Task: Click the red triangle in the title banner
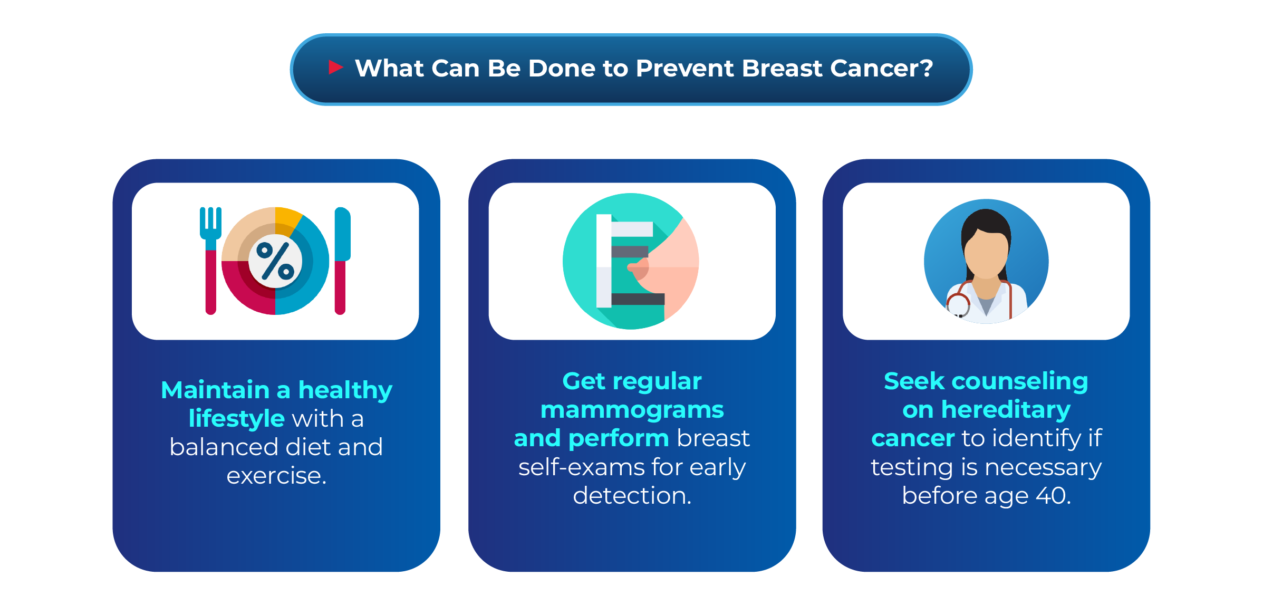335,67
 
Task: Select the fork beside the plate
210,261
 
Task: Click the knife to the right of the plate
342,261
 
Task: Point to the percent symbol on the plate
275,261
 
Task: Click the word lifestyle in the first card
236,419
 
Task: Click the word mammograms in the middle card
632,410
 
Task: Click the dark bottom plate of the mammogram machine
638,299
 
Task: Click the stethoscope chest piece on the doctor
958,305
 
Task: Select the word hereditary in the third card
1006,410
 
